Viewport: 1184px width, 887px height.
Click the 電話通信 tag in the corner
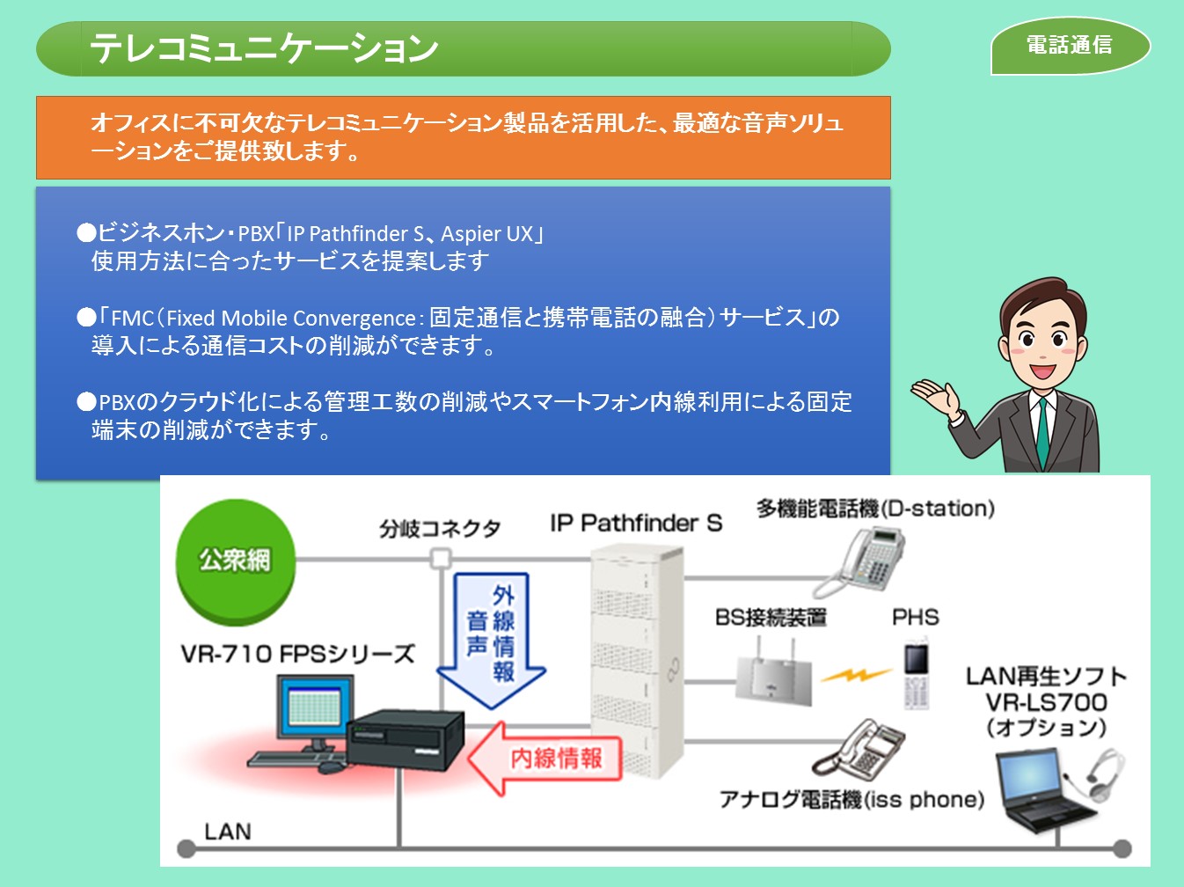1070,45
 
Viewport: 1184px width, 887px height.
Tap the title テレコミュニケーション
264,48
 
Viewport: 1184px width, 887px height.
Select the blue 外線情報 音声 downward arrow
491,638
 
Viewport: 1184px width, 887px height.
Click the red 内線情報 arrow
545,758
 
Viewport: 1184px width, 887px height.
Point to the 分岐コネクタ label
440,528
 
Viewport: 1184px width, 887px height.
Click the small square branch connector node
441,558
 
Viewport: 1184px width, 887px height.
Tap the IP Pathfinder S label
635,523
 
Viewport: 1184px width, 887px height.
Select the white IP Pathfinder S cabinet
635,660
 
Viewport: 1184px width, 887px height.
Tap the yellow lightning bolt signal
855,675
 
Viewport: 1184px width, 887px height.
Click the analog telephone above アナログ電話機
860,750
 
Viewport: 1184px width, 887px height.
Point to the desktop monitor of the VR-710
313,710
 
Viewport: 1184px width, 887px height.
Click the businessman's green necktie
1042,431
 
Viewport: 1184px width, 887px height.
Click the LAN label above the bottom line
227,831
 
